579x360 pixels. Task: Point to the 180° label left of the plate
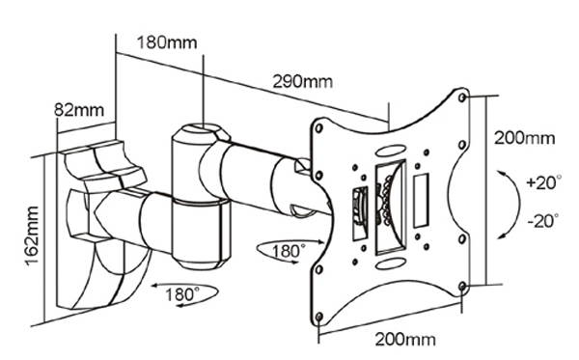click(286, 251)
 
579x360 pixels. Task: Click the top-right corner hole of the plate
click(466, 97)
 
